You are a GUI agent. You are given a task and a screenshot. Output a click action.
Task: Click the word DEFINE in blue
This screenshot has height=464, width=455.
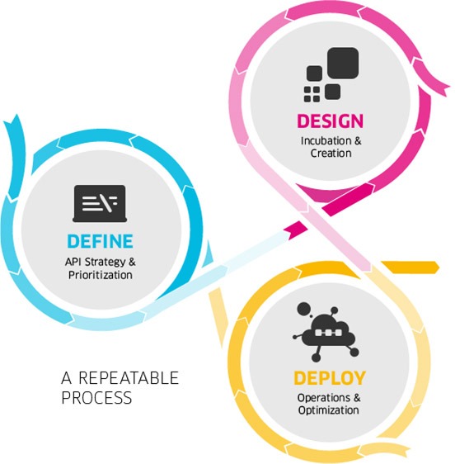(101, 241)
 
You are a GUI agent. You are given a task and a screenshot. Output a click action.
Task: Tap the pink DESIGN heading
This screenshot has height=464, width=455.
(331, 121)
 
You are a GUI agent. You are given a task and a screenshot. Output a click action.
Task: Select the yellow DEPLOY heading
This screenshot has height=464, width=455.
(330, 378)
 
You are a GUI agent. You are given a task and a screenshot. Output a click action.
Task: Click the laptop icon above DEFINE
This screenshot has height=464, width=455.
(100, 204)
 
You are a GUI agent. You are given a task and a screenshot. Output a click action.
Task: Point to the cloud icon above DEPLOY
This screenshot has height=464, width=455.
(326, 332)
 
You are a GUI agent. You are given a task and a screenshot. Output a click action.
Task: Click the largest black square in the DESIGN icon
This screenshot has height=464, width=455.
(343, 63)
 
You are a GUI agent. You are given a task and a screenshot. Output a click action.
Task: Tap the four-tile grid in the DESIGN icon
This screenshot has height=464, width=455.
(312, 94)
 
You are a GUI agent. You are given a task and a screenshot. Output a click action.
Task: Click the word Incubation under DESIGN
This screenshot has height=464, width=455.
(326, 141)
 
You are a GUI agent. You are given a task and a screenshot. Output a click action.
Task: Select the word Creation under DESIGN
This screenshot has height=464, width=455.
(331, 154)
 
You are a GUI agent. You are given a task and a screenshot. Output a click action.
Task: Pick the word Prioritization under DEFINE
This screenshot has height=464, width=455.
(101, 275)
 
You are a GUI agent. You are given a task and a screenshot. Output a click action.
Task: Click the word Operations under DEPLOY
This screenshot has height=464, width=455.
(324, 398)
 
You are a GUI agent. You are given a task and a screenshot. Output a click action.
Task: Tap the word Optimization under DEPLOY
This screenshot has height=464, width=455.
(329, 410)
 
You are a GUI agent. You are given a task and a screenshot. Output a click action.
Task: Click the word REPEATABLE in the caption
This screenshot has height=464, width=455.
(129, 378)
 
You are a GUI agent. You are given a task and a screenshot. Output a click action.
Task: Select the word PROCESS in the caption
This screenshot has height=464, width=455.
(96, 397)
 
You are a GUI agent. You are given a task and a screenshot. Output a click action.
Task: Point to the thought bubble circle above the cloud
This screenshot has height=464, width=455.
(303, 310)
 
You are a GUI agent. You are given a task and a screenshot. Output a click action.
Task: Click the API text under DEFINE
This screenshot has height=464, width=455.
(73, 262)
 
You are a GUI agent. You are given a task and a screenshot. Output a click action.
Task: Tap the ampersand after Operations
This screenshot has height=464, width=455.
(357, 398)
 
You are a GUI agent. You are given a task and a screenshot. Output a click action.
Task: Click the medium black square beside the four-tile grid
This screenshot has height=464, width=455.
(332, 92)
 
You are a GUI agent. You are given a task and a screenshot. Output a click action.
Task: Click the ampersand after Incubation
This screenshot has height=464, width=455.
(358, 141)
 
